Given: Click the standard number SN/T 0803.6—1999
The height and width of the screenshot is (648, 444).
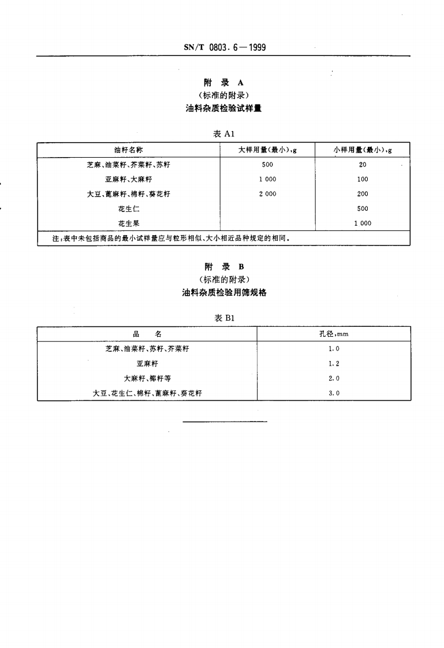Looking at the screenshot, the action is [x=223, y=47].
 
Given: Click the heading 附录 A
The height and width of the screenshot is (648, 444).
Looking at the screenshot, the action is [x=223, y=83].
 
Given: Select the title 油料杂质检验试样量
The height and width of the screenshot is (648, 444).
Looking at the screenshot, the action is [x=223, y=108].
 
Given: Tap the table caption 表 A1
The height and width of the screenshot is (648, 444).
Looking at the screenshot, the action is [x=223, y=133].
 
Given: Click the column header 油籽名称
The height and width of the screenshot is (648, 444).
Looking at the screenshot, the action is [x=129, y=150].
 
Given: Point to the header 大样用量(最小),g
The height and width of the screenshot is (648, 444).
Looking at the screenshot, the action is [x=267, y=150].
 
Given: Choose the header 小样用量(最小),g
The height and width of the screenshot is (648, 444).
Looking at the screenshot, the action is [x=363, y=150].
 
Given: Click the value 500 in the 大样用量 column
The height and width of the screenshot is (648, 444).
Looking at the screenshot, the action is [x=267, y=165].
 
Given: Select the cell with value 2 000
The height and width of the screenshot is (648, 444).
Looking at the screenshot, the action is [x=267, y=194].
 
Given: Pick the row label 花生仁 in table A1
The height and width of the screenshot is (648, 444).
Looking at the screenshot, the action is [x=129, y=208].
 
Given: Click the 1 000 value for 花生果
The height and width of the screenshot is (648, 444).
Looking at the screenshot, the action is [x=363, y=223].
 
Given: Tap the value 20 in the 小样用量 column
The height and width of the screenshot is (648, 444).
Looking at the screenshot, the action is [x=363, y=165].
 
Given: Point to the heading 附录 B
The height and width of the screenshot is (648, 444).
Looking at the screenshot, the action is [x=224, y=266].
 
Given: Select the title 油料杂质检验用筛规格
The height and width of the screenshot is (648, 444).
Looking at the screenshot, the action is [x=224, y=292].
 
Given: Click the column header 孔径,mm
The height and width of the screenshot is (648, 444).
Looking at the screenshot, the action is [x=333, y=334].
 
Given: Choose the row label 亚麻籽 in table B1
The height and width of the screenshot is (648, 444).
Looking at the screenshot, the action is [x=147, y=363].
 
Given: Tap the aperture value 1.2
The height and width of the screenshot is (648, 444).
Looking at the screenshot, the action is [x=333, y=363].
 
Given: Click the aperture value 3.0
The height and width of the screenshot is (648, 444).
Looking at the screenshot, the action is [x=333, y=393].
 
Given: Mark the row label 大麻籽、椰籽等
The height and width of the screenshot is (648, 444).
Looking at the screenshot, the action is [x=147, y=378].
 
